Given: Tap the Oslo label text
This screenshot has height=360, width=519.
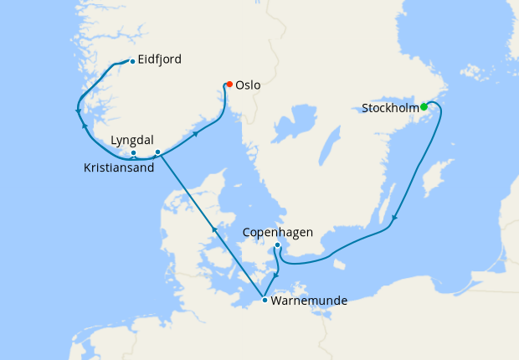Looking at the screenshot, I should [249, 85].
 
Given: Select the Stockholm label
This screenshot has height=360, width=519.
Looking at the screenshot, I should [390, 108].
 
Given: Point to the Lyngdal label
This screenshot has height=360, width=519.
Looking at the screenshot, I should [131, 141].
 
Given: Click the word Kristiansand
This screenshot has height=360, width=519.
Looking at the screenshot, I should [119, 167].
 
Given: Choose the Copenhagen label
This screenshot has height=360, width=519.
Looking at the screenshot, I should [281, 232].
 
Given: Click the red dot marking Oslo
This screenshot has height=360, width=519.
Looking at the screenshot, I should [229, 84].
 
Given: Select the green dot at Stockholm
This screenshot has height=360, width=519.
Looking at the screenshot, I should [424, 106].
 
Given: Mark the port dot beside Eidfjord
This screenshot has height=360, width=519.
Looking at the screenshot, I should [132, 60].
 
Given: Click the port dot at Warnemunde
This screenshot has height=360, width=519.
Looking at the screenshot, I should [265, 300].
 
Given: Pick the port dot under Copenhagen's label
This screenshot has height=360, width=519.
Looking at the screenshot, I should [277, 244].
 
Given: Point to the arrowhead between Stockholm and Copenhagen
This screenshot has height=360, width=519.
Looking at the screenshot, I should [393, 219].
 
